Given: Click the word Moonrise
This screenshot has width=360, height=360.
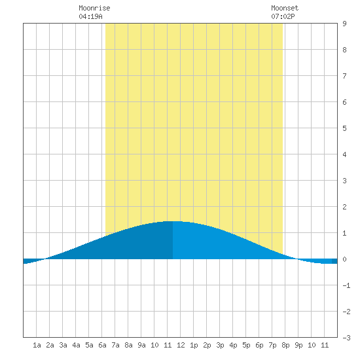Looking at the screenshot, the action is coord(94,8).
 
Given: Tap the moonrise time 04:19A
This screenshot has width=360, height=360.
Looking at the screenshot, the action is coord(90,16).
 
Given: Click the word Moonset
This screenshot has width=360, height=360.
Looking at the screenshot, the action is coord(285,8).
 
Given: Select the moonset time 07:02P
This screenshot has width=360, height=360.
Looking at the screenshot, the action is coord(283,16).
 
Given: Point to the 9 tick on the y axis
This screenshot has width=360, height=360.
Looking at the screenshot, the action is coord(344,24).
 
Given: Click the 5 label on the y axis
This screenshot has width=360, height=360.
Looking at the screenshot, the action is coord(344,128).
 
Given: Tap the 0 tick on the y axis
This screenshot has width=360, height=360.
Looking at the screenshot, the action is coord(344,259).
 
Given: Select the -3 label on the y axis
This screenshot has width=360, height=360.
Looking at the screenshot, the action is coord(346,338).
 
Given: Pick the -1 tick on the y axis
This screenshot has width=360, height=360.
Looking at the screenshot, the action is coord(346,285).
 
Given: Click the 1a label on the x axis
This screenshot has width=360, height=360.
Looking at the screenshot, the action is coord(37,345).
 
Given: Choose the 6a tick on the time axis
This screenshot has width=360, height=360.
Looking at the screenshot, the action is coord(102,345).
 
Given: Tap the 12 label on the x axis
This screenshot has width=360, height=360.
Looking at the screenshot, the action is coord(181,345).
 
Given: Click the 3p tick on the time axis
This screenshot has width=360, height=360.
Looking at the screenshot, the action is coord(220,345).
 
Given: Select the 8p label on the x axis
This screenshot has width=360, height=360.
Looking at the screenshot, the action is coord(285,345).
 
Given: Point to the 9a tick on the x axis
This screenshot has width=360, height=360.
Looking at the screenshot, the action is coord(141,345).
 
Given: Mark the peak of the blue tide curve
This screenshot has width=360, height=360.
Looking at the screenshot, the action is coord(173,221).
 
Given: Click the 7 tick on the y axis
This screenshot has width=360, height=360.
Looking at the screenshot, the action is coord(344,76).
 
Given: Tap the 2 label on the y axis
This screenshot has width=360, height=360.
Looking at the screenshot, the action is coord(344,207).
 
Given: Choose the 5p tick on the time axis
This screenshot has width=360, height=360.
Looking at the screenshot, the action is coord(246,345).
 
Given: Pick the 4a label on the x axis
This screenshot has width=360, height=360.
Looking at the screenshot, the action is coord(76,345).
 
